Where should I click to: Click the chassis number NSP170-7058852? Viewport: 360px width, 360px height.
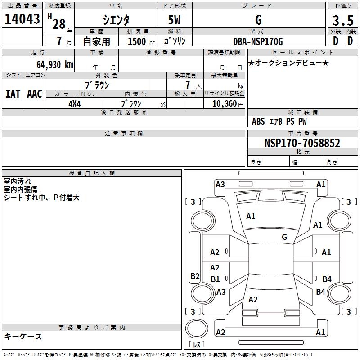coord(302,143)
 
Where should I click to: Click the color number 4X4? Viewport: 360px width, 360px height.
coord(74,103)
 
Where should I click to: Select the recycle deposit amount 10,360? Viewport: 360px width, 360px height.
coord(221,103)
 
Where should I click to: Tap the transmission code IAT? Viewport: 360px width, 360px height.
coord(13,94)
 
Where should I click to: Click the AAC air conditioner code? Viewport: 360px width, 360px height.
coord(35,94)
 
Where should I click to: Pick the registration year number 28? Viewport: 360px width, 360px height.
coord(58,24)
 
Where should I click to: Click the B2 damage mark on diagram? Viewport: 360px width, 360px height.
coord(195,276)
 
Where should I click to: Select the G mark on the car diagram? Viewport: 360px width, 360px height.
coord(284,237)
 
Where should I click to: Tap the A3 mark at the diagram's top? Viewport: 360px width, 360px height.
coord(220,184)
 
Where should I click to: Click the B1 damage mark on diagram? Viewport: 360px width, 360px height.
coord(216,279)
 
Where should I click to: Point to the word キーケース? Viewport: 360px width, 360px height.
coord(23,336)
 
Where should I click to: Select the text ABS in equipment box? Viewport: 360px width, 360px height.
coord(258,121)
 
